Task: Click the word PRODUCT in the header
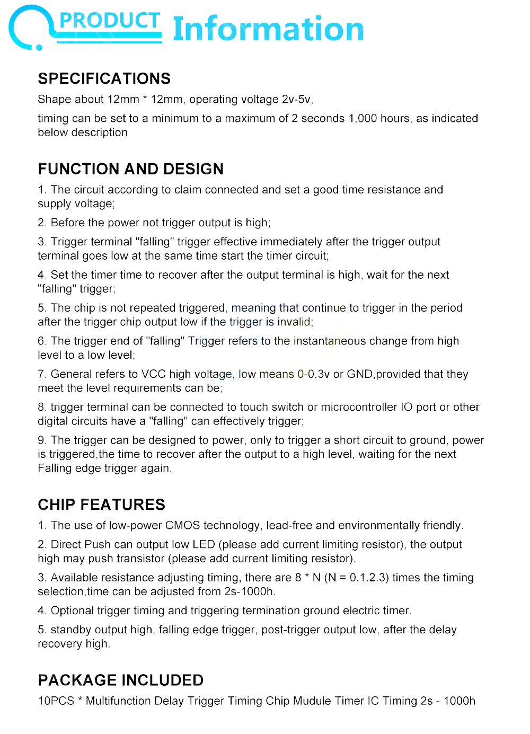(109, 21)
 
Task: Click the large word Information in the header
(268, 29)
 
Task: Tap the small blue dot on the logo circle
(39, 48)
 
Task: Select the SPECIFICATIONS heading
(104, 78)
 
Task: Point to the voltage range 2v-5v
(297, 100)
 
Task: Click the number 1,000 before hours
(363, 118)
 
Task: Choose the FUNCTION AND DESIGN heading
(130, 169)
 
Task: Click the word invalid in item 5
(294, 322)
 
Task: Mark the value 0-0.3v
(313, 374)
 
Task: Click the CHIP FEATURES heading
(101, 505)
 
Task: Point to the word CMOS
(182, 525)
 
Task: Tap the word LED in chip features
(204, 544)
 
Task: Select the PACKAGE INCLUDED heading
(120, 680)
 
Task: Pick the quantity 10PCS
(56, 701)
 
